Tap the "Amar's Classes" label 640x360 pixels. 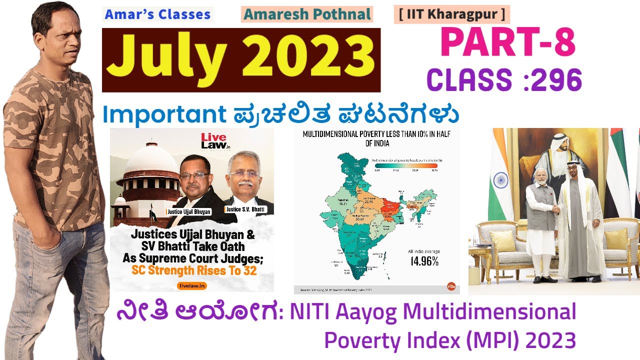coord(157,14)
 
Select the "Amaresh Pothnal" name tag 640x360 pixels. coord(307,14)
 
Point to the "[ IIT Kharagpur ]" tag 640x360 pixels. coord(452,14)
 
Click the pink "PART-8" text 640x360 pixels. coord(508,42)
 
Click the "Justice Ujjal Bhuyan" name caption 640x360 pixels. coord(188,212)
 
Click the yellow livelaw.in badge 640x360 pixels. coord(192,286)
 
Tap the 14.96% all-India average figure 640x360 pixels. coord(424,261)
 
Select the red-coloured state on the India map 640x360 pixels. coord(390,204)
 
